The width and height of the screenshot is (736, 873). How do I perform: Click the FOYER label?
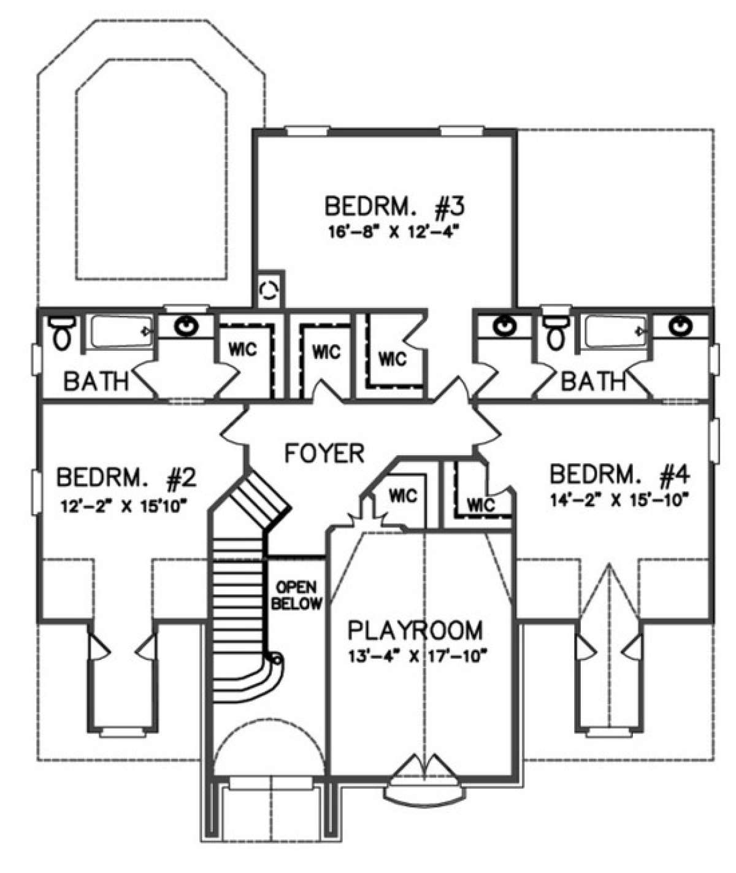click(325, 453)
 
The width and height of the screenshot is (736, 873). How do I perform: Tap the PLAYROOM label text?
click(416, 630)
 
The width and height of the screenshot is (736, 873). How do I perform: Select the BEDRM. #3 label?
click(394, 207)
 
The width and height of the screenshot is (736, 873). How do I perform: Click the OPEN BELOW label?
click(297, 594)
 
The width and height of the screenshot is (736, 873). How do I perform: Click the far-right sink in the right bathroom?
click(681, 326)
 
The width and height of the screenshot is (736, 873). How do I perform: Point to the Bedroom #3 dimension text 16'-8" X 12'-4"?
click(393, 233)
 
